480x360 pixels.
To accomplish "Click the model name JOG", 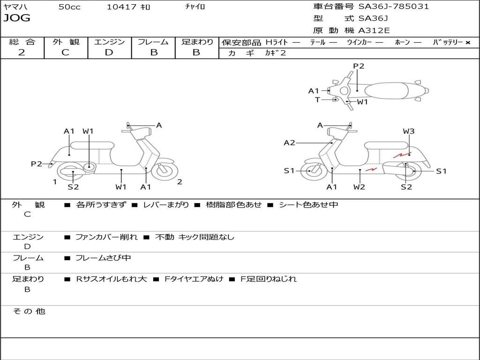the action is tap(17, 18).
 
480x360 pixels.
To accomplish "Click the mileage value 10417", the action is tap(121, 7).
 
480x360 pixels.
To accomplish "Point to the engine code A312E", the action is tap(374, 31).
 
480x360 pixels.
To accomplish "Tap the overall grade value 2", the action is tap(22, 52).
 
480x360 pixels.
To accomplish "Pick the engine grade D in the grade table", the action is tap(109, 52).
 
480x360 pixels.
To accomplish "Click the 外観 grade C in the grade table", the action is tap(65, 52).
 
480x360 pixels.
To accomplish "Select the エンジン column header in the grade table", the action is tap(109, 42).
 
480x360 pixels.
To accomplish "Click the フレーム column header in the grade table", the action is tap(153, 42).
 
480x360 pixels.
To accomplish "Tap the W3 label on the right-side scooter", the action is tap(409, 131).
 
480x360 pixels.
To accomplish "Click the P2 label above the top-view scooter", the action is tap(359, 66).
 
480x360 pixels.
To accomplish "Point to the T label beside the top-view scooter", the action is tap(317, 99).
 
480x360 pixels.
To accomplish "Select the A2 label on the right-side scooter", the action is tap(289, 142).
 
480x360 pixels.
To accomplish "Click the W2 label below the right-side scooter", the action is tap(360, 187).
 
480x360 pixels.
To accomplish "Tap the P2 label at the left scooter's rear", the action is tap(37, 164).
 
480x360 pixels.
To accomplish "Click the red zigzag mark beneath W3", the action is tap(402, 154).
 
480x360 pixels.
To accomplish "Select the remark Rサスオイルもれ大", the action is tap(112, 279).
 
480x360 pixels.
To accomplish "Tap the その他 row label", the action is tap(29, 311).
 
